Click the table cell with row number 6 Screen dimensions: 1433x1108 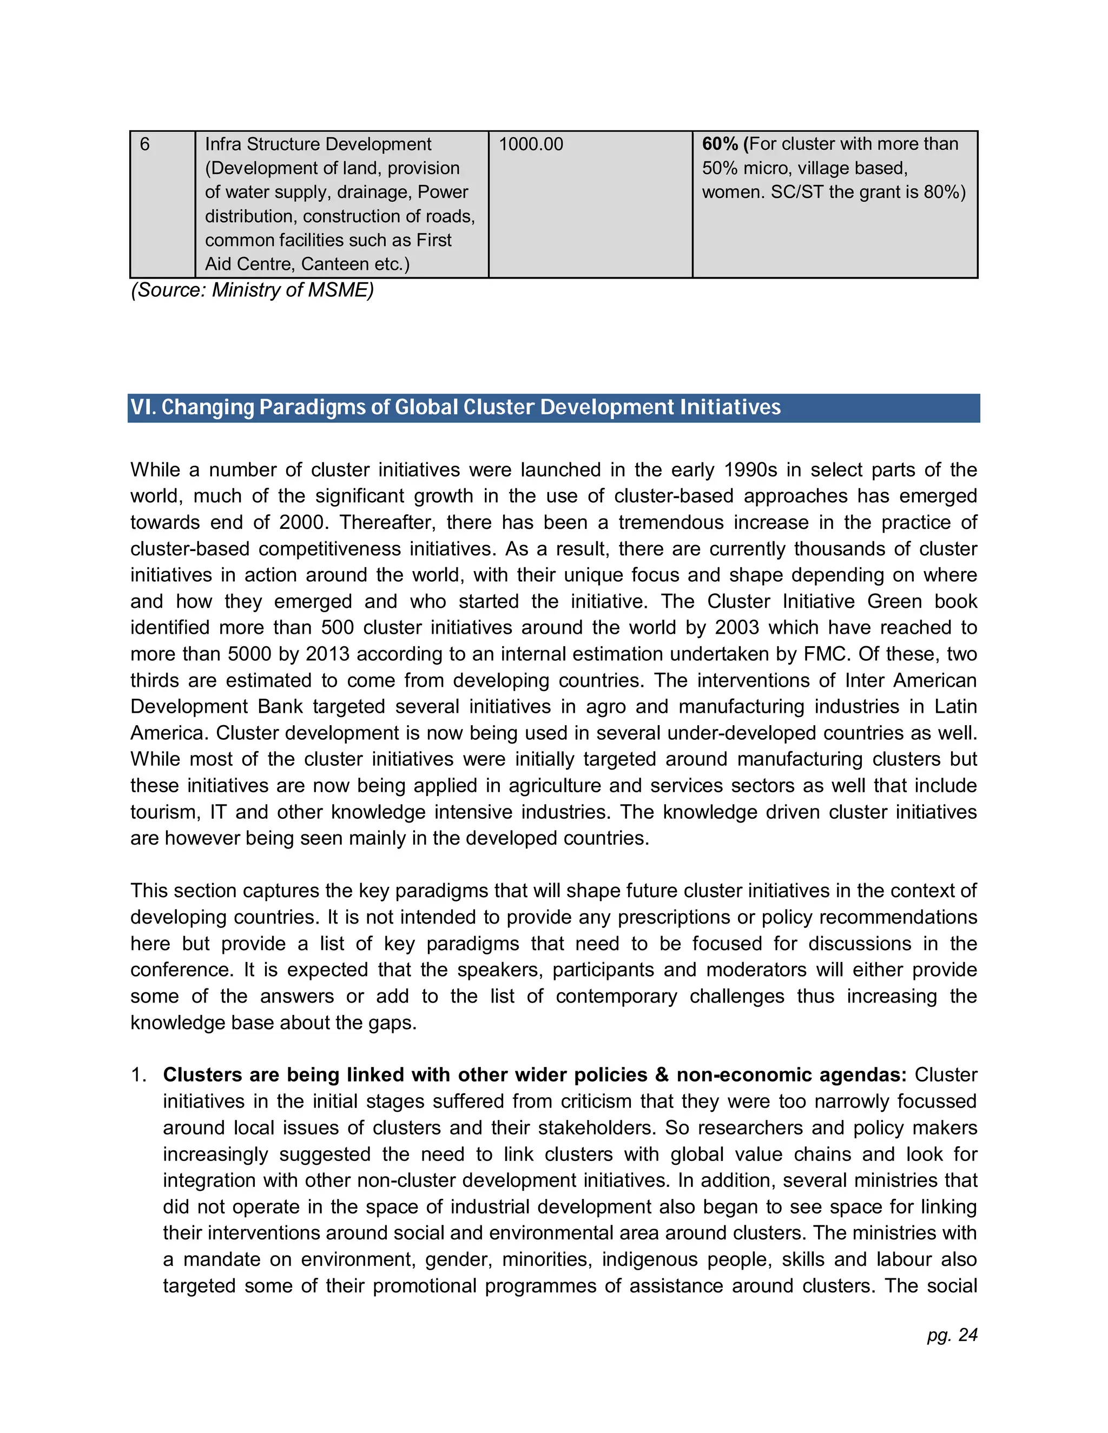(x=145, y=144)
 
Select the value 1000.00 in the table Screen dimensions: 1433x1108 (x=530, y=144)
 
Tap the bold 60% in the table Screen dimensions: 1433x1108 (x=720, y=144)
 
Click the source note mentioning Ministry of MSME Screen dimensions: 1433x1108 (x=252, y=290)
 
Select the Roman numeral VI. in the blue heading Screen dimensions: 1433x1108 (x=142, y=408)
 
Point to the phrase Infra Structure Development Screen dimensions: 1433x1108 (x=318, y=144)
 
